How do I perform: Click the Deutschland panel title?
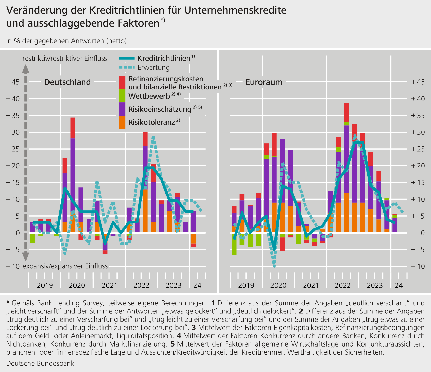[67, 82]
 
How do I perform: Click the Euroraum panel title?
[264, 82]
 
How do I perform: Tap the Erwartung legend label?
[153, 68]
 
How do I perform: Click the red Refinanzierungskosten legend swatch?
[122, 83]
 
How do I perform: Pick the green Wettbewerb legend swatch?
[122, 96]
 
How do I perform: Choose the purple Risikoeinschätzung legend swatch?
[122, 109]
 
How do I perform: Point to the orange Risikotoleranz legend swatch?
[122, 122]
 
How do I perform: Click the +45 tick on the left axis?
[13, 82]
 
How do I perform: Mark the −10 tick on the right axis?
[418, 266]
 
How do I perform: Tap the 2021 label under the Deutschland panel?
[109, 285]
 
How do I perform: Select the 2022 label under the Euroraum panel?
[343, 285]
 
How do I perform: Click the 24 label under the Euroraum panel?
[399, 285]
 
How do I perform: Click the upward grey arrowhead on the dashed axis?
[25, 69]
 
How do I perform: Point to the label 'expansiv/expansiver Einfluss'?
[65, 266]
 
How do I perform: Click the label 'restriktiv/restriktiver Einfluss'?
[65, 58]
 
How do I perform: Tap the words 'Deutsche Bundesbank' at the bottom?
[40, 363]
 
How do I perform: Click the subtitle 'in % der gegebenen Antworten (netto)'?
[66, 41]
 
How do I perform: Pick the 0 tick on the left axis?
[18, 233]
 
